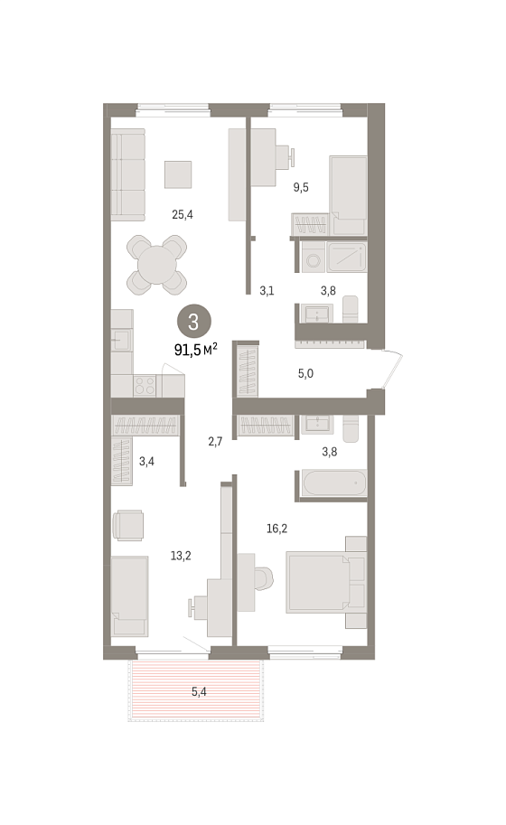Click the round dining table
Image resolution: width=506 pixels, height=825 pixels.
[156, 265]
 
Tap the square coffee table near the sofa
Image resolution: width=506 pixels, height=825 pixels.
[178, 174]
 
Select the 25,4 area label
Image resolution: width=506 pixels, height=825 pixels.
[183, 214]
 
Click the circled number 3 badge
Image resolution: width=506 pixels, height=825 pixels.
[193, 322]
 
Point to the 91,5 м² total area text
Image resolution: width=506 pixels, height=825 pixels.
[196, 349]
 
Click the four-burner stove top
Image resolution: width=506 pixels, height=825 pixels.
[145, 386]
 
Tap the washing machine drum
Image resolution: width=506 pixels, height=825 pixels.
[314, 260]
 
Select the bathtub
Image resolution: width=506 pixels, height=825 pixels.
[333, 483]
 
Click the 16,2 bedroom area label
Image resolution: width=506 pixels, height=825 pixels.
[277, 529]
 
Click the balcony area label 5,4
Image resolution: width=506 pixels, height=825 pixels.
[199, 692]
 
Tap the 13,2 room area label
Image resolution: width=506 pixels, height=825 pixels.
[181, 556]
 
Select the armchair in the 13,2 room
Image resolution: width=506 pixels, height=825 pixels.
[127, 525]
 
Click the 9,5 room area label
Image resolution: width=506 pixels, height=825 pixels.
[301, 187]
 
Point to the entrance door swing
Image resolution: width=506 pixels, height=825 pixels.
[393, 370]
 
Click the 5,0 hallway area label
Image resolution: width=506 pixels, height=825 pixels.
[305, 373]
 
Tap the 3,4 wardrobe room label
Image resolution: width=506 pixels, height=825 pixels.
[146, 462]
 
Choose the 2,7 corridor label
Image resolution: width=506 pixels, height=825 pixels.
[215, 442]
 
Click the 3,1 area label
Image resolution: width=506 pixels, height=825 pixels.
[267, 290]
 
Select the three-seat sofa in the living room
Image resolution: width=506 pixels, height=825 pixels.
[127, 174]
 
